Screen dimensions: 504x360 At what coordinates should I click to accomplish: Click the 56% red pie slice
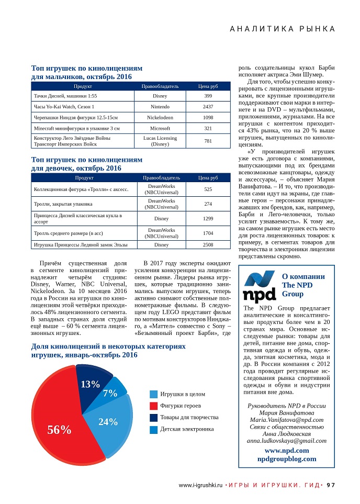pos(58,424)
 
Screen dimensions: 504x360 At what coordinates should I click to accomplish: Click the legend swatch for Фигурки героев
pos(153,406)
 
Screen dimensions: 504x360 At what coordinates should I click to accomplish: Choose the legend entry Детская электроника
pos(187,429)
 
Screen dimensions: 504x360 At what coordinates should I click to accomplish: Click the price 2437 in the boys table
pos(208,107)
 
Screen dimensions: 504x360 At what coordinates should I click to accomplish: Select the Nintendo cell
pos(160,107)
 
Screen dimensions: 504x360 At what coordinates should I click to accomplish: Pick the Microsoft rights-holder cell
pos(160,128)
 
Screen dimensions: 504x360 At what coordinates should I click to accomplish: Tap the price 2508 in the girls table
pos(208,244)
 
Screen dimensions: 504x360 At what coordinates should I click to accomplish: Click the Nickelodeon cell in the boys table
pos(160,117)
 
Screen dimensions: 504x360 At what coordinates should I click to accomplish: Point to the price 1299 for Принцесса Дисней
pos(208,218)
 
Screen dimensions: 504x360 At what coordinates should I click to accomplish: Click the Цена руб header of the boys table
pos(208,86)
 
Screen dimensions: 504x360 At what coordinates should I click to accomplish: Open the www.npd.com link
pos(286,450)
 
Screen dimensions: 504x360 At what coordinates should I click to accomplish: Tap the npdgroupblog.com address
pos(286,458)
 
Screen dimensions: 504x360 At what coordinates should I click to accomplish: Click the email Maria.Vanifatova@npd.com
pos(286,420)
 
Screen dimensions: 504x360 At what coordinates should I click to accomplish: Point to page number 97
pos(331,485)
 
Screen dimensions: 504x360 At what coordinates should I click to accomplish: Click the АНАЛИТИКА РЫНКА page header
pos(283,29)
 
